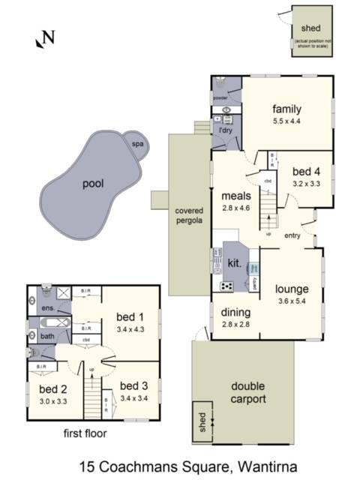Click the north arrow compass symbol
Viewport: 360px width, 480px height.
coord(44,38)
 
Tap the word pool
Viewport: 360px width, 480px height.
coord(93,183)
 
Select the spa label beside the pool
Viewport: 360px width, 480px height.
coord(137,144)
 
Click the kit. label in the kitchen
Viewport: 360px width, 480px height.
coord(235,263)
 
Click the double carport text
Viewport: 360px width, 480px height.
coord(247,393)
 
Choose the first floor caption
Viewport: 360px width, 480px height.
coord(85,433)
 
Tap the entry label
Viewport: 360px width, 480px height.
coord(293,236)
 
